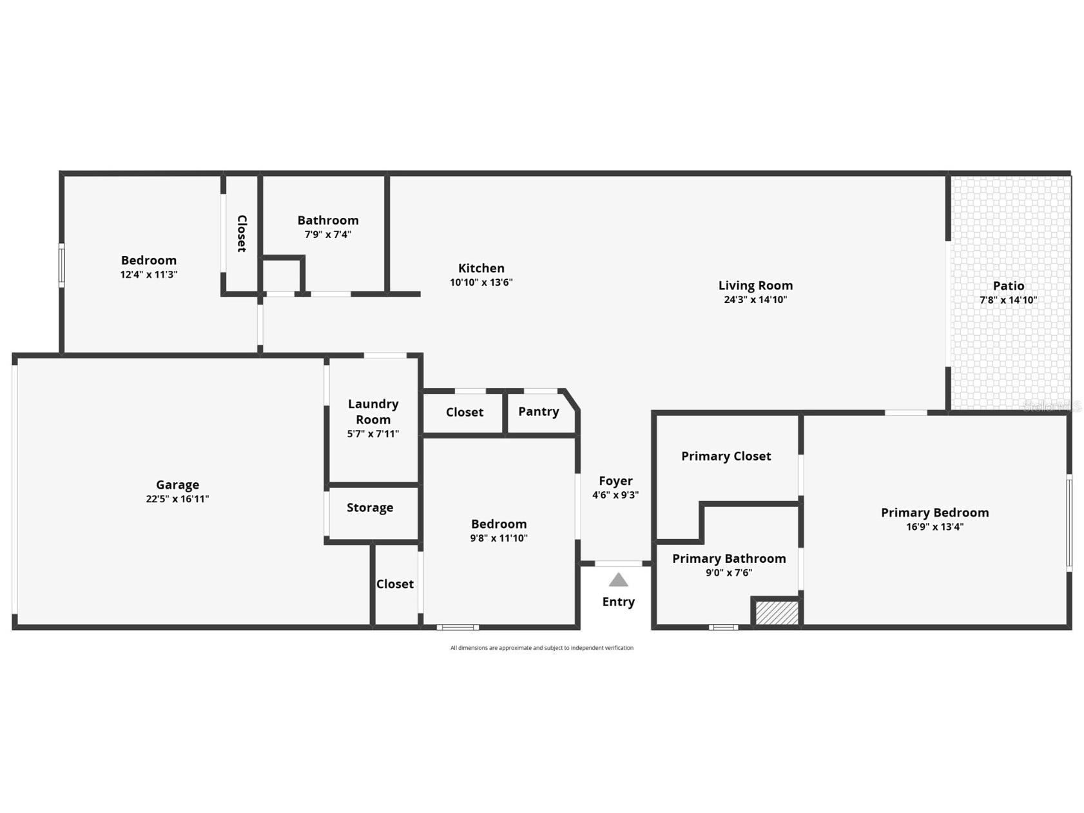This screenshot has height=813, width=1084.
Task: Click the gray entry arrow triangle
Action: (x=618, y=580)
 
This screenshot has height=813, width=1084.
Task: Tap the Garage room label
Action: (x=177, y=484)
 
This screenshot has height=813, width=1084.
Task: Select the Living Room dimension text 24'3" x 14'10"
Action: (x=755, y=299)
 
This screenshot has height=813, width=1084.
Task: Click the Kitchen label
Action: (x=481, y=268)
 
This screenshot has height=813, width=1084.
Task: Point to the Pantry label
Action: (x=538, y=411)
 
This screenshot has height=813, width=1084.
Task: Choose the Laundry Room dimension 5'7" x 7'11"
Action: (x=373, y=434)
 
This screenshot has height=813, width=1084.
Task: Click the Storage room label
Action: (x=369, y=507)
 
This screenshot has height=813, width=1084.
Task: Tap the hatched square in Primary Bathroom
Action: (x=776, y=612)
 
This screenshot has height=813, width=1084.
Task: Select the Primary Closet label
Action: (x=726, y=456)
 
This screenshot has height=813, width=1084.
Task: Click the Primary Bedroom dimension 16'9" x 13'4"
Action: (x=934, y=527)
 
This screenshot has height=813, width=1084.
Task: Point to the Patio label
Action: (x=1008, y=286)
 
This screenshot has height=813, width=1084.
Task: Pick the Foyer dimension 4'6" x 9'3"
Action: (x=615, y=495)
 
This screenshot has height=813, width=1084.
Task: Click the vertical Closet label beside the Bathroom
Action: (x=242, y=233)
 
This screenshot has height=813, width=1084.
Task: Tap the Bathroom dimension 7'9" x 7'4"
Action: (x=327, y=235)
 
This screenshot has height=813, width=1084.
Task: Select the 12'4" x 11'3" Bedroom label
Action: (x=148, y=260)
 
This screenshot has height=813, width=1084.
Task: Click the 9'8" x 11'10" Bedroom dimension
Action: (x=498, y=538)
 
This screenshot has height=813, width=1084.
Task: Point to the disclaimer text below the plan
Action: (x=541, y=648)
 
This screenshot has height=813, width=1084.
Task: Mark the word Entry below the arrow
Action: (x=618, y=602)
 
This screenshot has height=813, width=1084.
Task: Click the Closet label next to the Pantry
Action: (x=464, y=412)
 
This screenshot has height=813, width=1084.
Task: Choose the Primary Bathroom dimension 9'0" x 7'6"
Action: (x=728, y=573)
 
